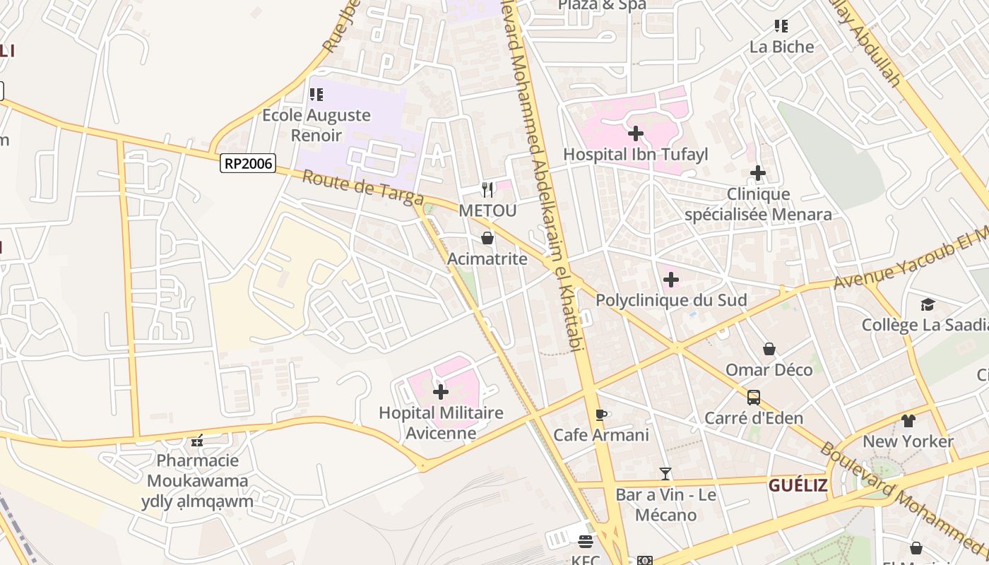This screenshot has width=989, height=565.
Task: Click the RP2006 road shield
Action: (x=247, y=164)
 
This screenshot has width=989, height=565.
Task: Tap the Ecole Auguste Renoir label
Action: (x=316, y=125)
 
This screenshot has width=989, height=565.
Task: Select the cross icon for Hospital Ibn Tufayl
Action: (x=635, y=133)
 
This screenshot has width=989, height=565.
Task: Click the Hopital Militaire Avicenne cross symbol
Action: (x=440, y=392)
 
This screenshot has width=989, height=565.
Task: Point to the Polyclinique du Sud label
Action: (x=671, y=300)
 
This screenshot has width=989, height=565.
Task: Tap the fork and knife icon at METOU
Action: (x=487, y=189)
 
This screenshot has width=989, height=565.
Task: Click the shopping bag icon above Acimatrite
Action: (x=487, y=238)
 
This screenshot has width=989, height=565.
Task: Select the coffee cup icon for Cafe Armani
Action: (x=600, y=415)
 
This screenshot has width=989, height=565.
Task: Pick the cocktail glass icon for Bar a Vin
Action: (x=665, y=473)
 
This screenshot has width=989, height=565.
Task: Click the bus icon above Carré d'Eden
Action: (x=754, y=397)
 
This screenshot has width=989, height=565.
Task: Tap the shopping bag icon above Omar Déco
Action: (x=769, y=349)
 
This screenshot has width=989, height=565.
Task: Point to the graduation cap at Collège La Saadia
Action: (x=927, y=304)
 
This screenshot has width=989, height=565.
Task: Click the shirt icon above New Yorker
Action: (x=908, y=421)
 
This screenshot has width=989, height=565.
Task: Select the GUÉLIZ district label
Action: (x=798, y=485)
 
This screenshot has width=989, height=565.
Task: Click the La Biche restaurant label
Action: (x=781, y=47)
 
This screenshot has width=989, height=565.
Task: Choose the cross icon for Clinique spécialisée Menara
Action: (x=757, y=173)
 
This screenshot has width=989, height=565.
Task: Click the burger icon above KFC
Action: (x=585, y=542)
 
